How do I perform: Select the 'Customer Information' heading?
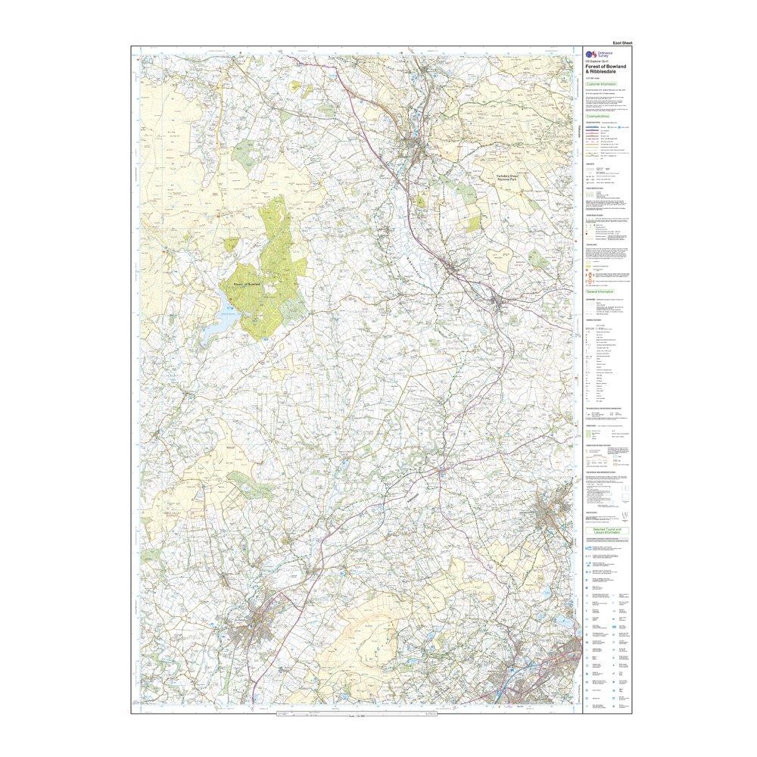pyautogui.click(x=603, y=84)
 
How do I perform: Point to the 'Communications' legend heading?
pyautogui.click(x=603, y=116)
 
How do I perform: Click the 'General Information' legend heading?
pyautogui.click(x=603, y=291)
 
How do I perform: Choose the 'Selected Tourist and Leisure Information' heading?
pyautogui.click(x=606, y=531)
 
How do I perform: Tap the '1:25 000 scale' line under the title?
pyautogui.click(x=596, y=77)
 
